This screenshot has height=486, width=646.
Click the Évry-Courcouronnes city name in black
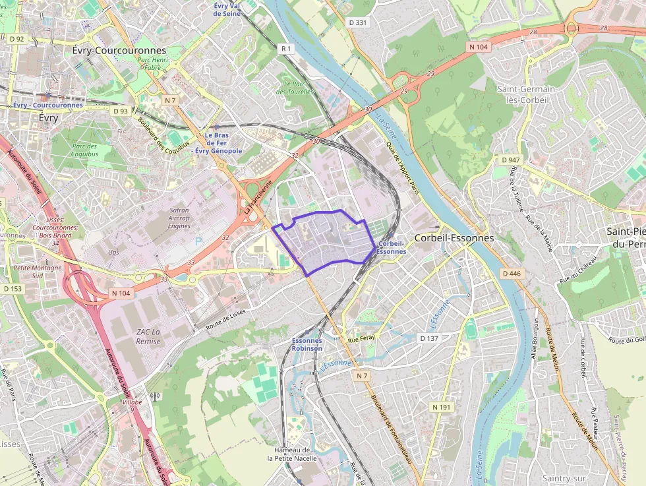119,51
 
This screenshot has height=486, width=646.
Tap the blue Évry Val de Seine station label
226,9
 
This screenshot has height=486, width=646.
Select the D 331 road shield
357,22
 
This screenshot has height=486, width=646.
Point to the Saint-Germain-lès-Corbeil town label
527,94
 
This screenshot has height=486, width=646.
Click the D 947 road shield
511,160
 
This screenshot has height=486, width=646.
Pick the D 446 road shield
511,273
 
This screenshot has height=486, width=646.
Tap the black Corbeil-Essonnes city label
454,238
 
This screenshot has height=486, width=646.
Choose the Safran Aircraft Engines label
179,218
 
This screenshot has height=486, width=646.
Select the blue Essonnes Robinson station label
307,345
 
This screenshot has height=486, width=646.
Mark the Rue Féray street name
361,340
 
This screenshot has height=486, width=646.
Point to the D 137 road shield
429,338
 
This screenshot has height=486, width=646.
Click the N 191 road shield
442,408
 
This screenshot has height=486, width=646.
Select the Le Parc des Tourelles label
294,88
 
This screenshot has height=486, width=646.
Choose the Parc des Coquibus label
85,150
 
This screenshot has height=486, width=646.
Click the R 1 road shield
285,48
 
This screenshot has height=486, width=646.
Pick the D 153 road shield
12,288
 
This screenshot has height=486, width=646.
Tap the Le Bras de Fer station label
217,143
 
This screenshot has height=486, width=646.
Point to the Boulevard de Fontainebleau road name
396,429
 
